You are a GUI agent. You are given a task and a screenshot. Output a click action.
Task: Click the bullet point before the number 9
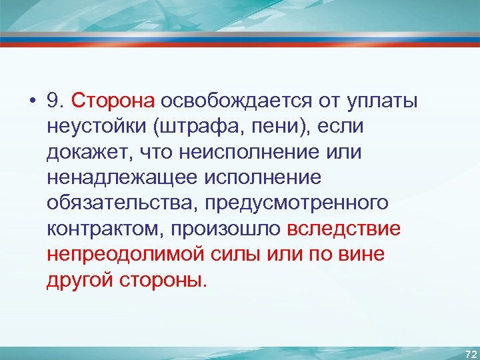[33, 102]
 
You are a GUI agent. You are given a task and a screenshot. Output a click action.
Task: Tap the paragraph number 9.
[55, 101]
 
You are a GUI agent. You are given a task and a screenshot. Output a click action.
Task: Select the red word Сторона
[113, 101]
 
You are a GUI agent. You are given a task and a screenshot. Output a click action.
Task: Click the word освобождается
[229, 101]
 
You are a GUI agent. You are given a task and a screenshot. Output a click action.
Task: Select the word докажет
[84, 152]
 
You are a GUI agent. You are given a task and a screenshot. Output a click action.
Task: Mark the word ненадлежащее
[115, 177]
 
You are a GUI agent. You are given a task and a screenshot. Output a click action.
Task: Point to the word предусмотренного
[297, 203]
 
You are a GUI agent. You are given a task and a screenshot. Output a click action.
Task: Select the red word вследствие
[344, 228]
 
